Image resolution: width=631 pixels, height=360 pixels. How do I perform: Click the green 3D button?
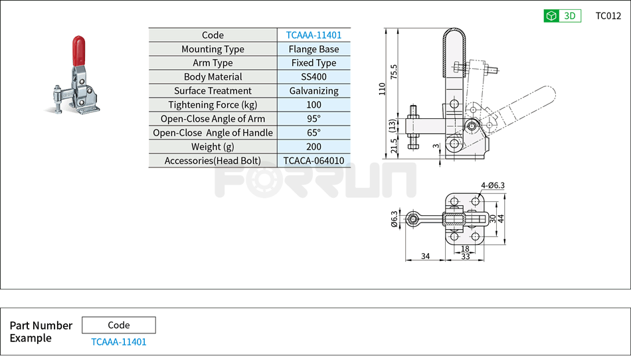(562, 16)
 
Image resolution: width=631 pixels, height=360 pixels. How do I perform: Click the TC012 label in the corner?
(608, 16)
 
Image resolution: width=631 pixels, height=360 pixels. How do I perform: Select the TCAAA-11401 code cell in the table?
(314, 35)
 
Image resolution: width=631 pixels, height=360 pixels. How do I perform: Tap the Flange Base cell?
(314, 49)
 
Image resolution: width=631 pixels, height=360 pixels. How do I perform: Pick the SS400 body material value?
(314, 77)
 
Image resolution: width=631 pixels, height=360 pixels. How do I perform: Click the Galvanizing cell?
(314, 91)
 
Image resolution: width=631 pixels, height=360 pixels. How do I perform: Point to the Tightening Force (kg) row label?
(213, 105)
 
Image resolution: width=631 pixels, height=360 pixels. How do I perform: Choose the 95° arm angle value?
(314, 119)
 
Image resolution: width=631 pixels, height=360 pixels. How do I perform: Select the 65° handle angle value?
(314, 133)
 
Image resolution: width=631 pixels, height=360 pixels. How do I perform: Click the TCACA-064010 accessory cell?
(314, 161)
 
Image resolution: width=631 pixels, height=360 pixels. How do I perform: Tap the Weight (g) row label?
(213, 147)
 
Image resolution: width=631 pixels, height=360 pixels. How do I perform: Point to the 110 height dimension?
(382, 90)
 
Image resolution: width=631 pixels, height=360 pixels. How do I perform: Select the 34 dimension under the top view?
(425, 256)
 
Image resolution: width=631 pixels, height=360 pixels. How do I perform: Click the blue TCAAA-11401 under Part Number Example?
(118, 342)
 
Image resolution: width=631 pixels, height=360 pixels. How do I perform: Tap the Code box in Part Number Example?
(118, 325)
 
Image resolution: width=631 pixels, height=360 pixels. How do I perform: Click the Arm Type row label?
(213, 63)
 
